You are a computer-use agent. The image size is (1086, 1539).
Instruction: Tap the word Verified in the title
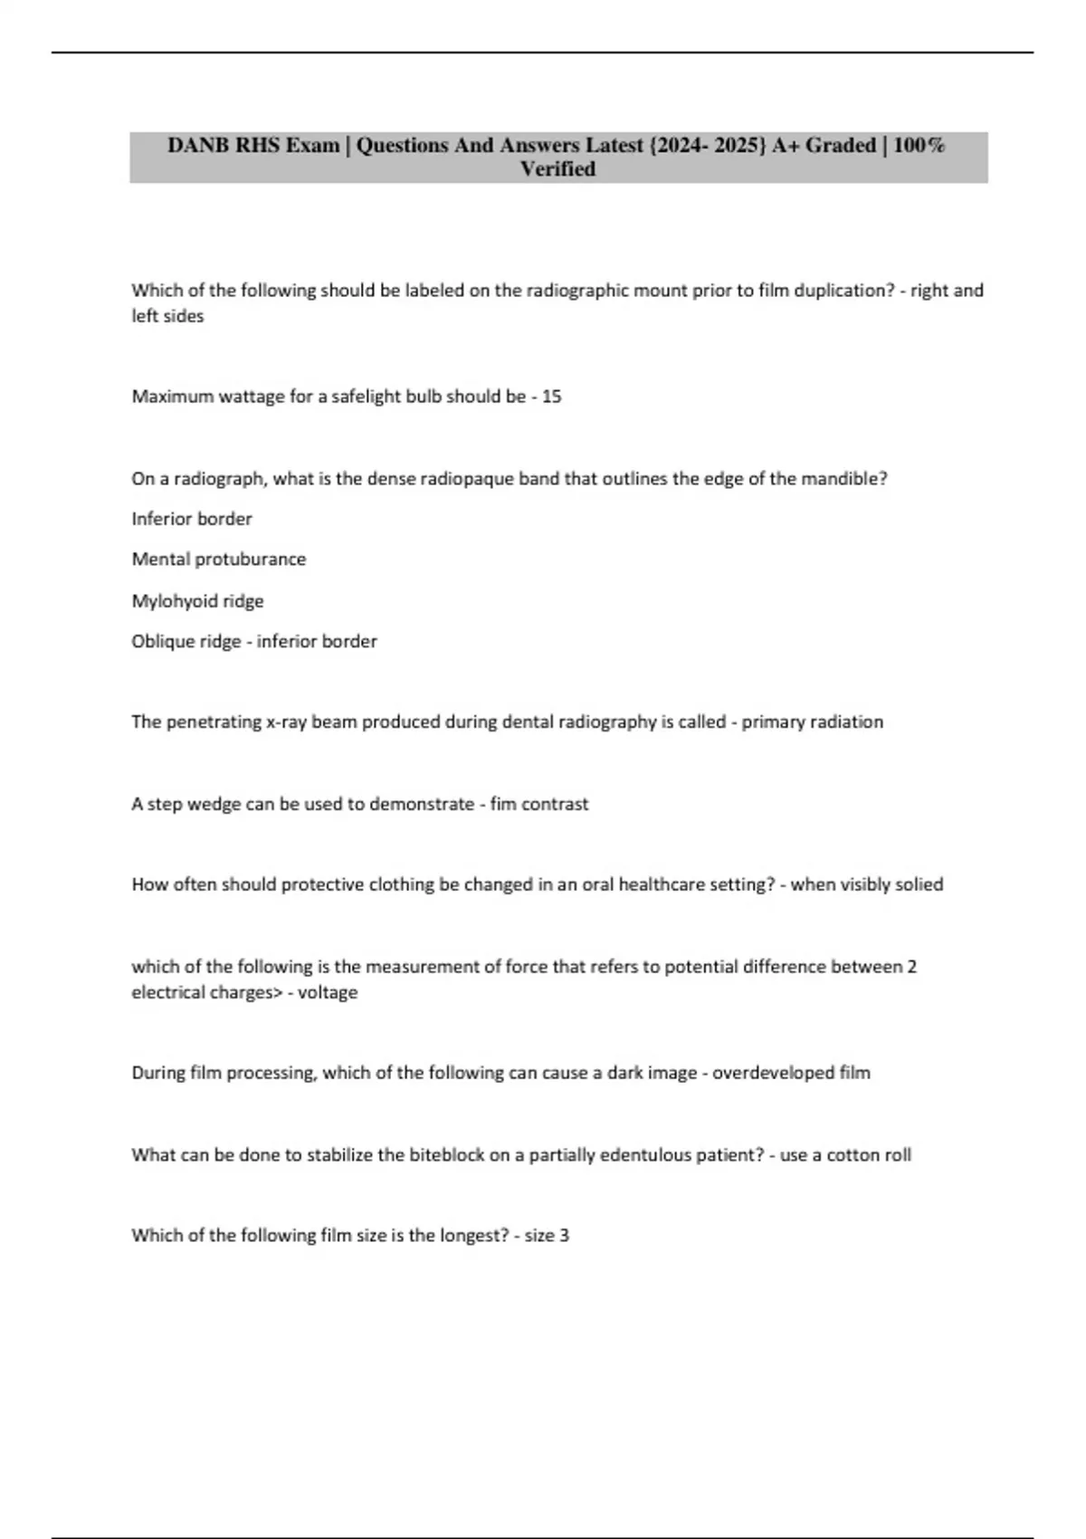557,169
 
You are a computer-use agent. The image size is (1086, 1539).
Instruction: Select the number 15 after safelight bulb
551,397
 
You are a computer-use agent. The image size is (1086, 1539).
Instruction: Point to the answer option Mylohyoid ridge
197,601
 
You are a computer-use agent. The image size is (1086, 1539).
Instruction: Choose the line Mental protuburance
218,559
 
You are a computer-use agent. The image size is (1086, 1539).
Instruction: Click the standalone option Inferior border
192,519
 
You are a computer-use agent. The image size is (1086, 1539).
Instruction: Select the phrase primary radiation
812,722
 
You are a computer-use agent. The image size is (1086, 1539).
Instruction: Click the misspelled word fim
502,804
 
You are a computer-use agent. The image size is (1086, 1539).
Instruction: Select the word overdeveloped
773,1073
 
